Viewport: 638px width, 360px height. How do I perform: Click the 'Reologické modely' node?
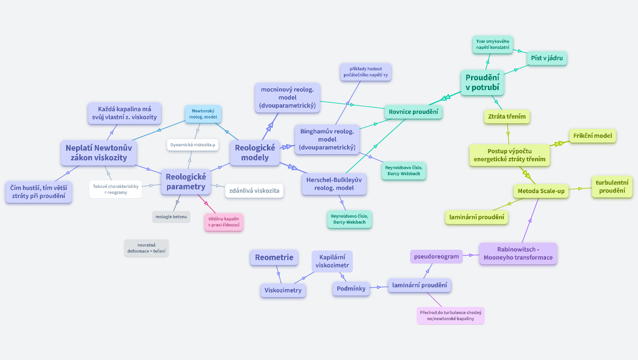255,152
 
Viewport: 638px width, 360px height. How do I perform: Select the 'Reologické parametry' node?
186,182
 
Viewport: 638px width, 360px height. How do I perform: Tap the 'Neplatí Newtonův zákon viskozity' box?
99,153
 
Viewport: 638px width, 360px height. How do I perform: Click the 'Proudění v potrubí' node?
482,82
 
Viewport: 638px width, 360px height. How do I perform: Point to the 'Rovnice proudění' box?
413,112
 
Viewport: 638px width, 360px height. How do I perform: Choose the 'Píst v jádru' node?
547,59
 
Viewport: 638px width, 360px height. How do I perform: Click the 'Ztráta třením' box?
507,116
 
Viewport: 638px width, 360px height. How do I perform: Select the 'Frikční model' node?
592,136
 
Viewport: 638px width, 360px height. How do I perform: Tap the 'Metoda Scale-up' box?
541,191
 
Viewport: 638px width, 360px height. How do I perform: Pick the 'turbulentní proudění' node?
612,187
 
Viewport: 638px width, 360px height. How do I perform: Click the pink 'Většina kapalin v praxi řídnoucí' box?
224,222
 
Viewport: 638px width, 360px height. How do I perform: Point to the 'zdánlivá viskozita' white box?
254,191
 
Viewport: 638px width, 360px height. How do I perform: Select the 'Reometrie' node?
274,257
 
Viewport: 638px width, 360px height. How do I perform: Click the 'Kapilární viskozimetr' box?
332,262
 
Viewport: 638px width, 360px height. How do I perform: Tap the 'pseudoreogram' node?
436,256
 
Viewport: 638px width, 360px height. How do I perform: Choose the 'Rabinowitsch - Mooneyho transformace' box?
518,254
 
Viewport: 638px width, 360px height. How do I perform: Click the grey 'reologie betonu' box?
171,217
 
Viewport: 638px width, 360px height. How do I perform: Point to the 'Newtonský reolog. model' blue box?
203,114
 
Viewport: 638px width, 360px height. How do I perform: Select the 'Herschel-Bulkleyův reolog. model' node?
334,184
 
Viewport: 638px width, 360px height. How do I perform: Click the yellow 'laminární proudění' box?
477,217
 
